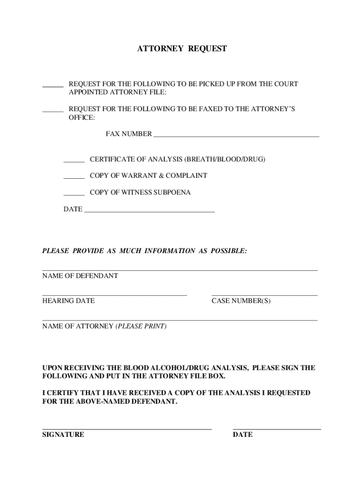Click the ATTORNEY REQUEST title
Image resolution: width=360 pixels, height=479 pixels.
181,49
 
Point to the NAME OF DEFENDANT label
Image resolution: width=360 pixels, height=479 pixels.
80,276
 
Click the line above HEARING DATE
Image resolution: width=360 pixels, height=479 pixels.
115,295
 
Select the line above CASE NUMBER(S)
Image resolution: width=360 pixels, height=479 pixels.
265,295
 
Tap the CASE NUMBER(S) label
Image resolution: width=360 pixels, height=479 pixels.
241,301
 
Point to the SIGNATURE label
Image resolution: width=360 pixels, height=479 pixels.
63,435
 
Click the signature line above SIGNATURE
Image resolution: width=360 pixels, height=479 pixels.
127,428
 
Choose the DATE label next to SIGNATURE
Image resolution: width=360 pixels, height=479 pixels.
243,435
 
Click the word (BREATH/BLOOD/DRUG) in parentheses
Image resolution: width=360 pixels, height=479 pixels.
224,160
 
